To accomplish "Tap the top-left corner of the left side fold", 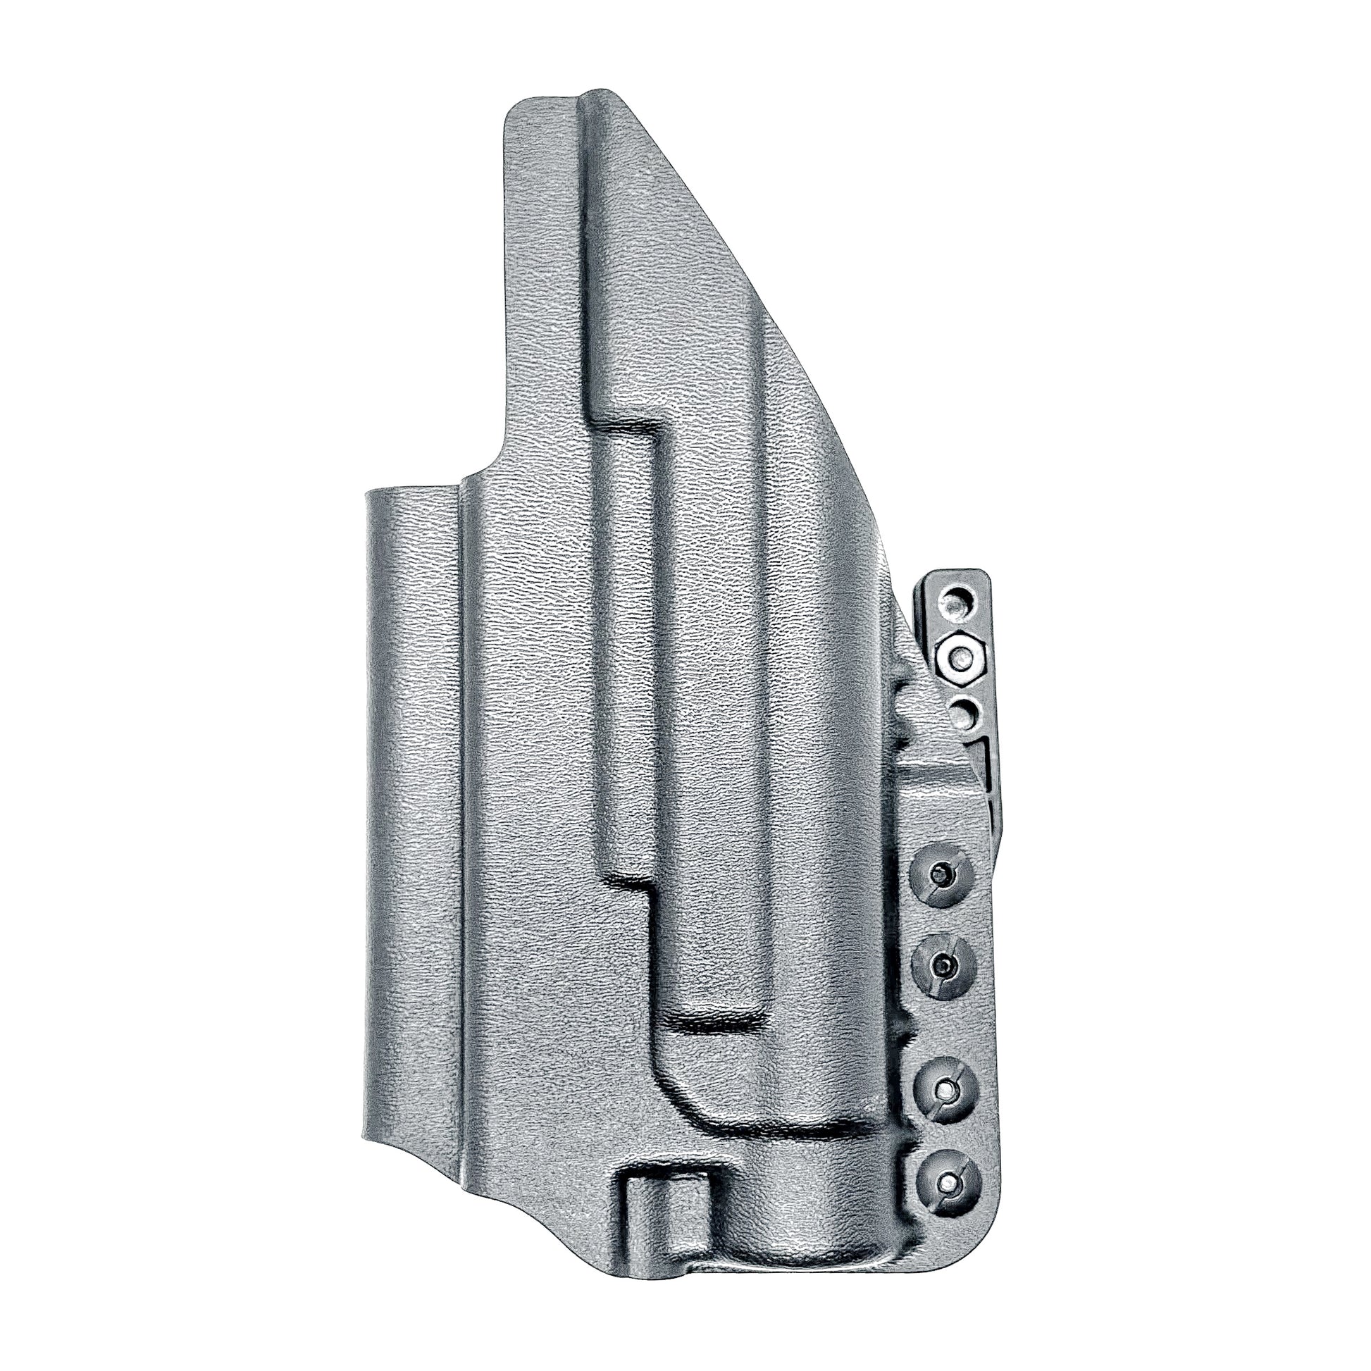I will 369,492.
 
